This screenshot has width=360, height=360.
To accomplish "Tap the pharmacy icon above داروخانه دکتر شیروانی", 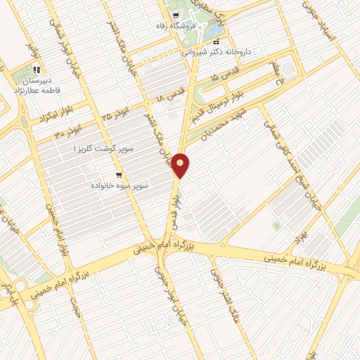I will (x=216, y=41).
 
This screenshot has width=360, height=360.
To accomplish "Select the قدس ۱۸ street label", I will (x=172, y=94).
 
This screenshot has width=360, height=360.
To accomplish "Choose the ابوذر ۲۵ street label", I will (x=116, y=110).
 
